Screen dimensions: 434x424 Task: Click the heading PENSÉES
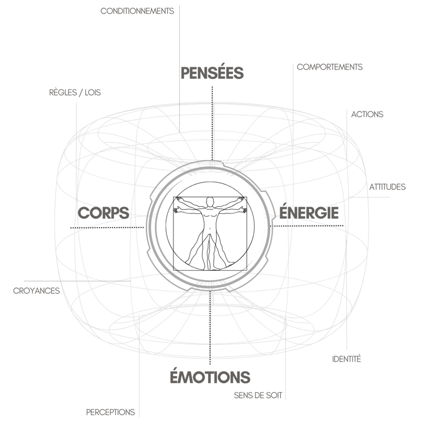tap(212, 74)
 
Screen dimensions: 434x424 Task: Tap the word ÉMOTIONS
tap(210, 377)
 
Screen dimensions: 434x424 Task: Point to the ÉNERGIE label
tap(310, 213)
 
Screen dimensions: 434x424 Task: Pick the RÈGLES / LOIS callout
tap(75, 92)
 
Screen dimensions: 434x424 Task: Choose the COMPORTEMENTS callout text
tap(330, 66)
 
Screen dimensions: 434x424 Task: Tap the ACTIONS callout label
tap(368, 114)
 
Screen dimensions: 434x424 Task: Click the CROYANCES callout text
tap(35, 291)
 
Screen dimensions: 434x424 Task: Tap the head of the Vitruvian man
tap(210, 201)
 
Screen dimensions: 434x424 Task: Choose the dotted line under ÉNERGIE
tap(308, 227)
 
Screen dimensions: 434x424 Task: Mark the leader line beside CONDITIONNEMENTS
tap(180, 34)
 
